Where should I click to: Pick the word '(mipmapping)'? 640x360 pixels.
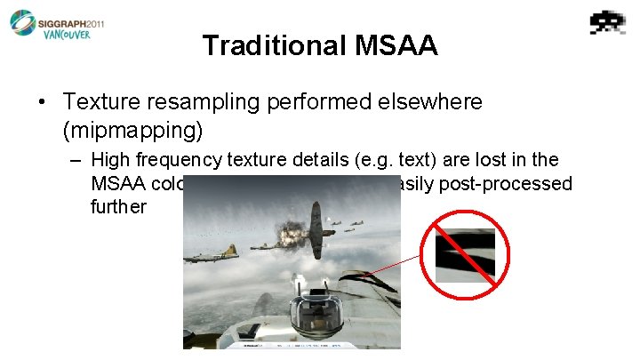pos(133,131)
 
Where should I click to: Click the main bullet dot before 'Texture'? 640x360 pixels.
pos(44,103)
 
